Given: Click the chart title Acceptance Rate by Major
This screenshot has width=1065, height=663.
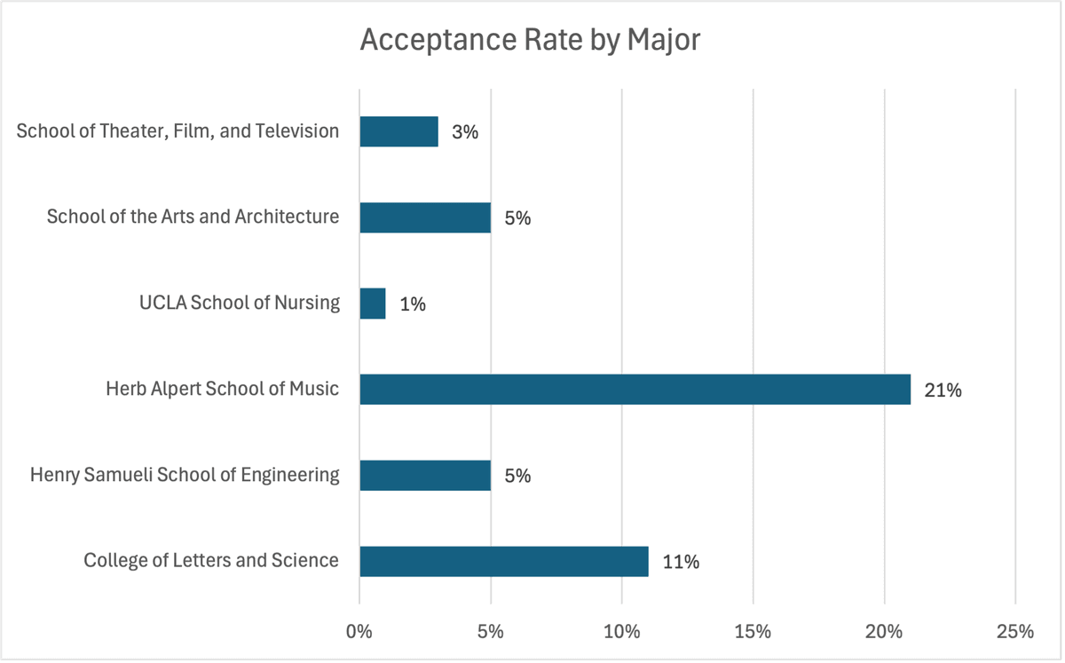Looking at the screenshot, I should [531, 41].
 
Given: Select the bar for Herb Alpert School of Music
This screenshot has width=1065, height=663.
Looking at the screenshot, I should [635, 390].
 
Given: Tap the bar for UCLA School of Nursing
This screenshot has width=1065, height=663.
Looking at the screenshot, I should [373, 304].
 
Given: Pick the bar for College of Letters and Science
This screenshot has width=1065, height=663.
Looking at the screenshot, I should [503, 562].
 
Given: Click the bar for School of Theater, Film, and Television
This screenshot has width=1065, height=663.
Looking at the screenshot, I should [398, 131].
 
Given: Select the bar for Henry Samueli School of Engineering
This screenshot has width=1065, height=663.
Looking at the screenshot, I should [425, 476].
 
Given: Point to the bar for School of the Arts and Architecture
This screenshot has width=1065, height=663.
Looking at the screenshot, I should [425, 217].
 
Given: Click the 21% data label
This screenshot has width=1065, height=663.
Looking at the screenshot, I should [943, 390].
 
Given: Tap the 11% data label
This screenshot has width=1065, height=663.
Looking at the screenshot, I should [681, 562].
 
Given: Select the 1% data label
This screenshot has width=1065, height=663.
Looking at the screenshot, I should [413, 304].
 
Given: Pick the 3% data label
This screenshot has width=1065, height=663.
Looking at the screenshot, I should [464, 132].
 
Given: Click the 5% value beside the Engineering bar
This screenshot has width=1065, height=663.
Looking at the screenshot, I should [517, 476].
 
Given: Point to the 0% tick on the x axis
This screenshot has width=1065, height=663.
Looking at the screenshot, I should [359, 632].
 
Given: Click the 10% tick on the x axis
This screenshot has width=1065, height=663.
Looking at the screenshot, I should [621, 632].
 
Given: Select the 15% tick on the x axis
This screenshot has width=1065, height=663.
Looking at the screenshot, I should [753, 632].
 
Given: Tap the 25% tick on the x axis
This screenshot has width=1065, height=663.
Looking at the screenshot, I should [1015, 632].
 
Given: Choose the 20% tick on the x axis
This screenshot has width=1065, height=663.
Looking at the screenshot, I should [884, 632].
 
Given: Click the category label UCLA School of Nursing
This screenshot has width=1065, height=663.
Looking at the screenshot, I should [239, 303].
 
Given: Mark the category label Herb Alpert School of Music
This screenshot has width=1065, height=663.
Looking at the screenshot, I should [222, 389].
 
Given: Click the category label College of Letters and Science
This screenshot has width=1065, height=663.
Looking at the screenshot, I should [211, 560].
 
